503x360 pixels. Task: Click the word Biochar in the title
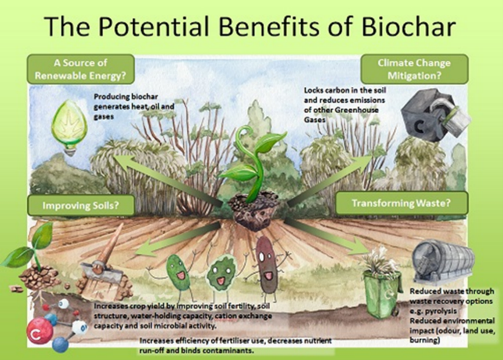click(408, 26)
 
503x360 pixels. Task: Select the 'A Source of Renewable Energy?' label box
click(81, 69)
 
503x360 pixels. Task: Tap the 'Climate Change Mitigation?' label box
click(414, 69)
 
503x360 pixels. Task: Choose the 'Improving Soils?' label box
click(81, 205)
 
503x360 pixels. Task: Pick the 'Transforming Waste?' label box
click(401, 203)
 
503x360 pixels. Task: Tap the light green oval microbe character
click(178, 272)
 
